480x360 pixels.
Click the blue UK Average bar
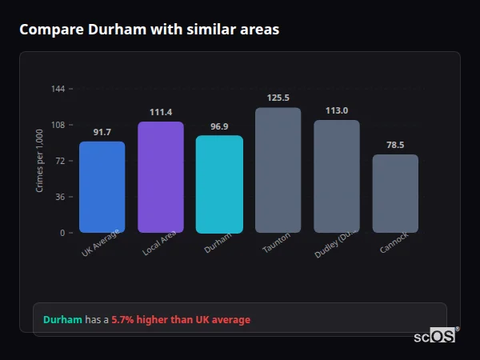(x=102, y=187)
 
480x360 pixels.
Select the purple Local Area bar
(x=161, y=178)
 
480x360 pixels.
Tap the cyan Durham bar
(x=219, y=184)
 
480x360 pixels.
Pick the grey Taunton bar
(x=278, y=170)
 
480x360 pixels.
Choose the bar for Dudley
(x=336, y=177)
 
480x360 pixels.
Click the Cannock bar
(x=395, y=194)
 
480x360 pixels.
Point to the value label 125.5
(x=278, y=98)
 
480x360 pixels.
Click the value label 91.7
(x=102, y=132)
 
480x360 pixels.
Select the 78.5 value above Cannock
(x=395, y=145)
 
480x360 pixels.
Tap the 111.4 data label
(x=161, y=112)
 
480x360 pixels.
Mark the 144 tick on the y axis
(x=58, y=89)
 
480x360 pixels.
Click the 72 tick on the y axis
(x=61, y=161)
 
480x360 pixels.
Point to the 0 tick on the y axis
(x=63, y=233)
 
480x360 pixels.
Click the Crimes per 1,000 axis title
(x=40, y=161)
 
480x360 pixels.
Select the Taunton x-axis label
(x=277, y=243)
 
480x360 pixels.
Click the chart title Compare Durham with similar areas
(x=150, y=30)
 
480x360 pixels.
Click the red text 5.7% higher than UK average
(x=181, y=320)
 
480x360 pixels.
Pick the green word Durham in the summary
(x=62, y=320)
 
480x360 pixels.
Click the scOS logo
(x=435, y=336)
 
